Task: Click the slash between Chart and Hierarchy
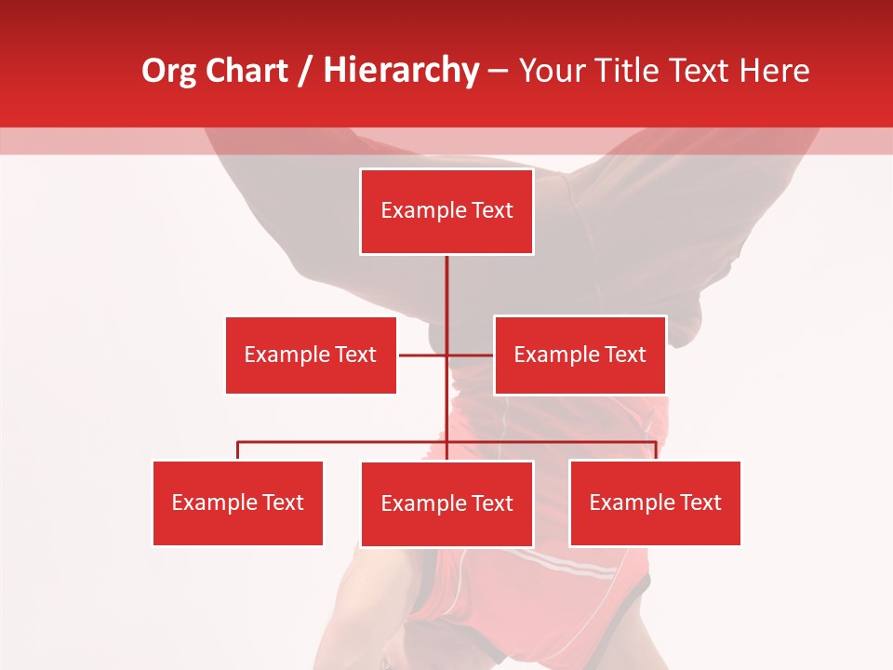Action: [305, 72]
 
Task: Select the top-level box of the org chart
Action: [446, 211]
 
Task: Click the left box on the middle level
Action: [311, 355]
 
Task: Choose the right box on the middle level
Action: [580, 355]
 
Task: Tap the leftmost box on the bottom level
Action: [237, 502]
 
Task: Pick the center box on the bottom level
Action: [446, 503]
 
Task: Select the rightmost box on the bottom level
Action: [655, 502]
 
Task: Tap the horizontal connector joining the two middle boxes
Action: [423, 355]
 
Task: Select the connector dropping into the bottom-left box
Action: [237, 450]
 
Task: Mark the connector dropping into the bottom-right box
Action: [656, 450]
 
